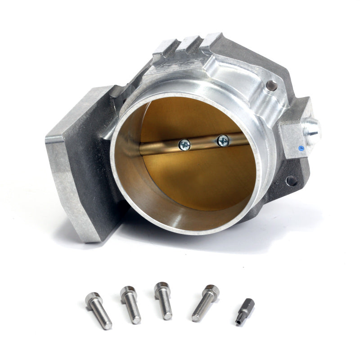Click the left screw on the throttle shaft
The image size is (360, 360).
pos(184,144)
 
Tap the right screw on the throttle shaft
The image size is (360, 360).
pos(223,140)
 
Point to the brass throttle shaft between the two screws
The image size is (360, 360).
pos(203,143)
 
